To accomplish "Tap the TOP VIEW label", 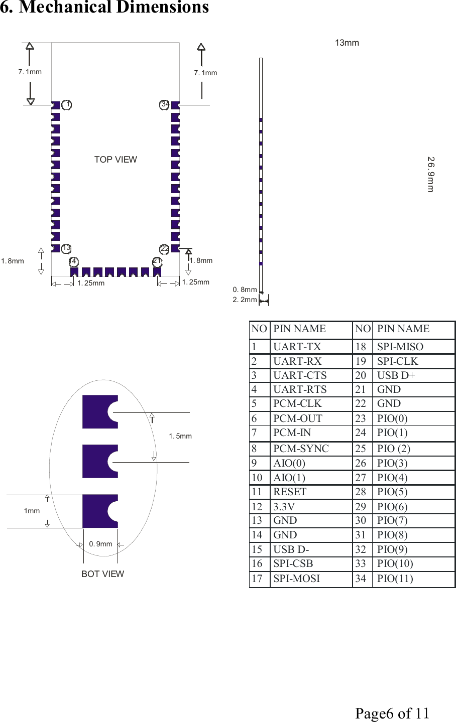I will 116,160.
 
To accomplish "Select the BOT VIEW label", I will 102,574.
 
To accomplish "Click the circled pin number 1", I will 67,105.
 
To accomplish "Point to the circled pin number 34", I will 164,104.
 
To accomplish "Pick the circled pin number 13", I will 66,248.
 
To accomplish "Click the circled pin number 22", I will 165,249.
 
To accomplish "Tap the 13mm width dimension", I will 347,43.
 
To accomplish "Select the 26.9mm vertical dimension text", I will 430,174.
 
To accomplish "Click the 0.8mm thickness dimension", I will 245,290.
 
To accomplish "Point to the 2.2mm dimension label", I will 245,300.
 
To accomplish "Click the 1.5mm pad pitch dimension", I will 180,436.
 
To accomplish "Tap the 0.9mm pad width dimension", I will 100,544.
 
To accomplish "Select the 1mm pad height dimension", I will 32,511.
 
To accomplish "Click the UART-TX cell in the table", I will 297,347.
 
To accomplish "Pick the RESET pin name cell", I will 290,492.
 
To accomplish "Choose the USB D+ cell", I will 396,375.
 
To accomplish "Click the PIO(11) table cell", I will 395,579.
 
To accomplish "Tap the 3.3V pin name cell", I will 284,507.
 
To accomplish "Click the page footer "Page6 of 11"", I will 392,713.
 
